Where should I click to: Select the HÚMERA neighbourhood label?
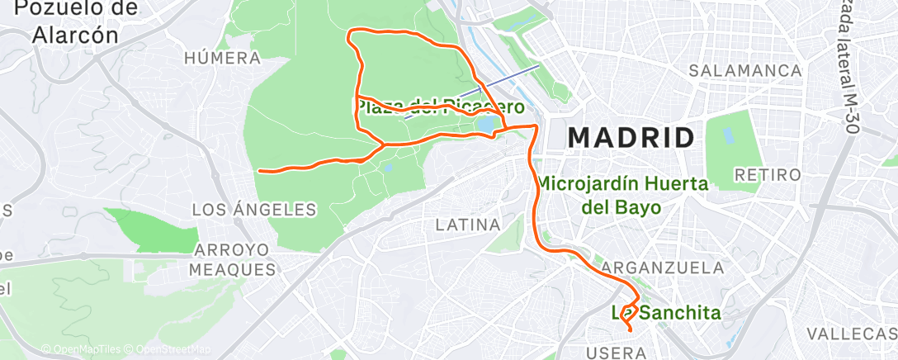point(223,58)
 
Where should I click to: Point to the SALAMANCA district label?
point(746,70)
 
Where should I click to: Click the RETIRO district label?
point(768,175)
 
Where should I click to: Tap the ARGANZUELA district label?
point(663,268)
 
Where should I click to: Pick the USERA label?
point(619,353)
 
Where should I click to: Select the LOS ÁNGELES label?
point(254,210)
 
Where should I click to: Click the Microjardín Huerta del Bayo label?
point(622,196)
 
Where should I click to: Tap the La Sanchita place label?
point(665,313)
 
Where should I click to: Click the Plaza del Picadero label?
point(439,107)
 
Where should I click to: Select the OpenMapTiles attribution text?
point(83,349)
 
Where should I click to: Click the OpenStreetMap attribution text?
point(168,349)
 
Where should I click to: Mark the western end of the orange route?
point(260,171)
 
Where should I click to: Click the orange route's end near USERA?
point(631,330)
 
